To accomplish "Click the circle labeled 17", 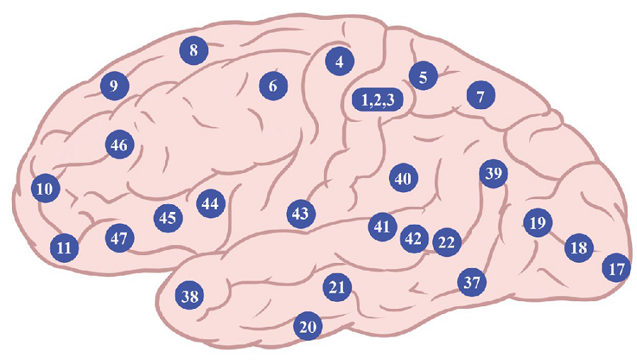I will pos(616,269).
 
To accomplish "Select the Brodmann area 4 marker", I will pos(339,62).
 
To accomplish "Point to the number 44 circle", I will pos(210,204).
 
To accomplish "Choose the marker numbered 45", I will pos(168,218).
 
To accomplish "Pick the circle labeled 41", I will pos(383,227).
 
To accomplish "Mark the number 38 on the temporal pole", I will pos(189,296).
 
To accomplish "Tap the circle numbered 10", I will pos(45,189).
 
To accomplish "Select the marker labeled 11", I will pos(64,248).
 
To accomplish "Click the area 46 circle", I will pos(119,145).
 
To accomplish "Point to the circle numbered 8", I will pos(193,50).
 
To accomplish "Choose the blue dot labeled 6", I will pos(273,86).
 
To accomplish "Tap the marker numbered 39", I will pos(494,174).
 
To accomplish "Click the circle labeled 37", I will pos(472,283).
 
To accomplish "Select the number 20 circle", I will pos(308,327).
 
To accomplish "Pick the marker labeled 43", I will pos(300,213).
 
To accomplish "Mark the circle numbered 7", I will pos(480,96).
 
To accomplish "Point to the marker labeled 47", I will pos(119,239).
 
